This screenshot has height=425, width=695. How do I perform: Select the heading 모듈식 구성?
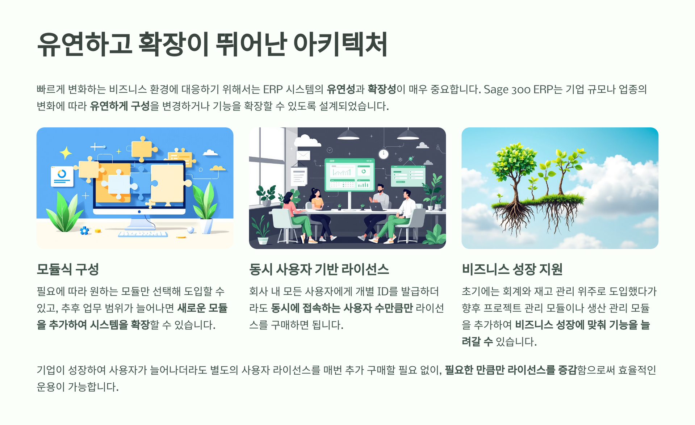(68, 269)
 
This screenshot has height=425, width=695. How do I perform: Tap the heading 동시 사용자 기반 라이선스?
(319, 269)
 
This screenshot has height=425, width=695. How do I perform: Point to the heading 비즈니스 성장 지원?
(512, 269)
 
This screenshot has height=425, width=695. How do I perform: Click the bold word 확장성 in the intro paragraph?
(382, 89)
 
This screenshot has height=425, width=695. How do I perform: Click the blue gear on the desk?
(84, 231)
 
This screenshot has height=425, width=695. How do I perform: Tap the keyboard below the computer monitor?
(143, 234)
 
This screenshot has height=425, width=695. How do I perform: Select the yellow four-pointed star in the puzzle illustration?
(66, 153)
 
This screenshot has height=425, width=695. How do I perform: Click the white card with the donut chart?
(62, 176)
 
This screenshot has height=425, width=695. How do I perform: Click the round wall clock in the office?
(384, 154)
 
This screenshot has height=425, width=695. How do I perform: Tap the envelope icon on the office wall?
(303, 155)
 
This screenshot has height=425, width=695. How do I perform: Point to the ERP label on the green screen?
(332, 161)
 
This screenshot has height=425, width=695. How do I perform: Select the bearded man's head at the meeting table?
(380, 188)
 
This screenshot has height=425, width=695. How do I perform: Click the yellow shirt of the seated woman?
(317, 203)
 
